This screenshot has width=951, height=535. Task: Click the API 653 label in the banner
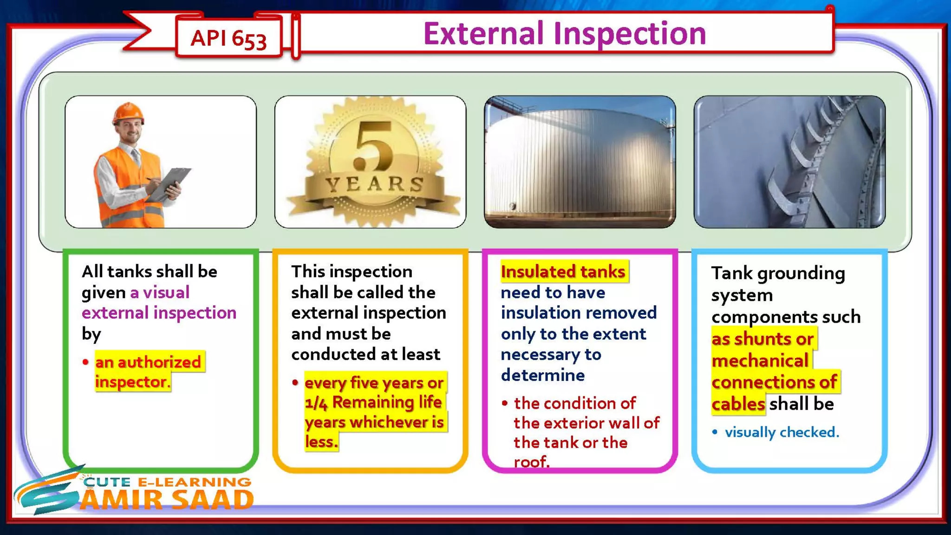(228, 38)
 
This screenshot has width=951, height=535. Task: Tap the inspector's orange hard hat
(128, 113)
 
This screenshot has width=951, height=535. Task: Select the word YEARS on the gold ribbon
(374, 184)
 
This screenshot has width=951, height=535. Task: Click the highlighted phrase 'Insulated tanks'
(563, 272)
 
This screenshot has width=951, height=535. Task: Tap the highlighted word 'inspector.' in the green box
(133, 382)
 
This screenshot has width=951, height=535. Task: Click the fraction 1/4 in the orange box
(316, 403)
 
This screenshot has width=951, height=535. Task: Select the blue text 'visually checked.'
(782, 432)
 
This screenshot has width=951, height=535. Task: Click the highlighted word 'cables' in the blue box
(738, 404)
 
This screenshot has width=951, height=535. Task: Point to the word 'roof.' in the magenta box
(531, 462)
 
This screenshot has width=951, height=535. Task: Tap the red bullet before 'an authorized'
(85, 362)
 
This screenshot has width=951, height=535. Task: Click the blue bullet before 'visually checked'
(715, 432)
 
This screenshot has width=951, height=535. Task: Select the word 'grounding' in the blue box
(801, 274)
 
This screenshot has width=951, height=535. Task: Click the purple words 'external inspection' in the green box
(159, 313)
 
